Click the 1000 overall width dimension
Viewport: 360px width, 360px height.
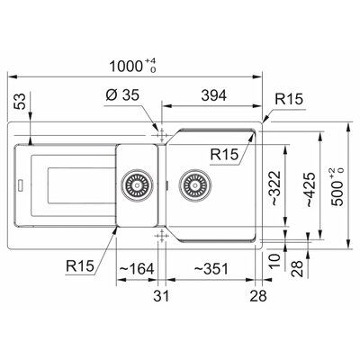click(132, 66)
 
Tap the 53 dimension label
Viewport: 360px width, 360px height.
click(21, 102)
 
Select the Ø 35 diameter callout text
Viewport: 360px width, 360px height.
click(122, 95)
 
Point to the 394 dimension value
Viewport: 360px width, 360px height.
click(214, 95)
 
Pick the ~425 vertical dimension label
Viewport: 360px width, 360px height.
click(310, 190)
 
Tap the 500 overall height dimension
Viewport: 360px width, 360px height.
click(337, 187)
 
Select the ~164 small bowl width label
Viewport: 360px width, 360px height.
click(137, 268)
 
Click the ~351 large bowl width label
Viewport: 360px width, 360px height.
click(211, 268)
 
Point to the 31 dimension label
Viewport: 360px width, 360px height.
click(161, 296)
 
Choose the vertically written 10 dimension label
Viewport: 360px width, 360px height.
click(274, 260)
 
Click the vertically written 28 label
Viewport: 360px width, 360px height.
click(297, 268)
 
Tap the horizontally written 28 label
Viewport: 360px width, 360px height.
click(258, 296)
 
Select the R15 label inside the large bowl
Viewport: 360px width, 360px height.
click(224, 154)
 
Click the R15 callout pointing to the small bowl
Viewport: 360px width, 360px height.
click(80, 265)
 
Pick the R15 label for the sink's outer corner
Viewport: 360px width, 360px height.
click(289, 99)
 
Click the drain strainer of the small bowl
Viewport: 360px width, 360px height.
click(137, 185)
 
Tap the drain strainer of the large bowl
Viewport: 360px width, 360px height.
click(195, 185)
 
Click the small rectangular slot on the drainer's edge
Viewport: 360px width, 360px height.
click(21, 185)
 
